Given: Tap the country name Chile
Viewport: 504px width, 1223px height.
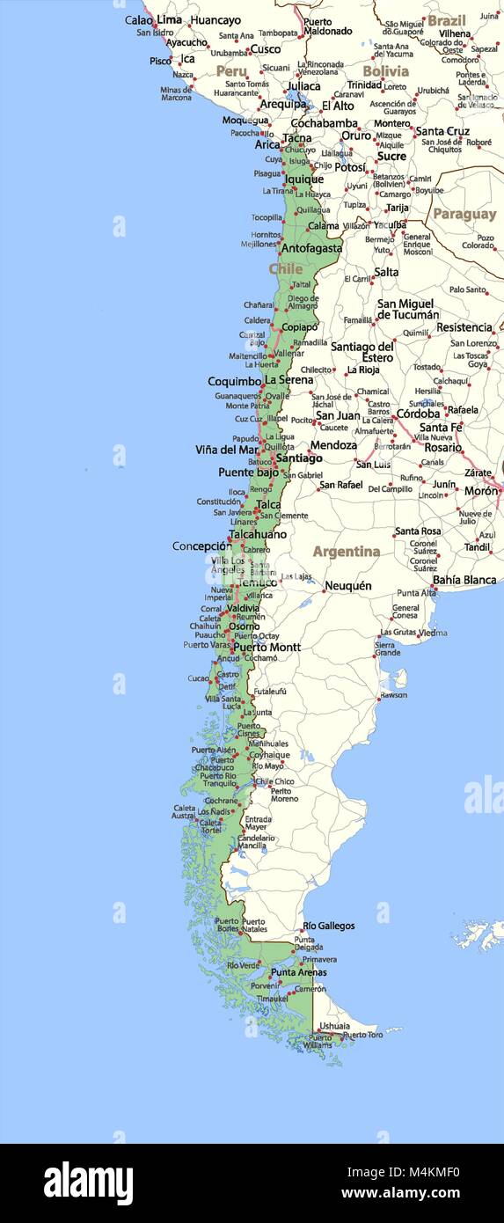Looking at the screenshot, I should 286,268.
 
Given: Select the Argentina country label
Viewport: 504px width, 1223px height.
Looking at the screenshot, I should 347,552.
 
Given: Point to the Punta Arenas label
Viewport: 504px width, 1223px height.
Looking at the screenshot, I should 298,972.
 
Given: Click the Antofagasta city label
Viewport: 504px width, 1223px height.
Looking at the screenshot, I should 311,248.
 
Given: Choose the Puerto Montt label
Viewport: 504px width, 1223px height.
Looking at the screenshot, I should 267,648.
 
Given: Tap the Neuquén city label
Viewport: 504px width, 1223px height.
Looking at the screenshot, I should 347,586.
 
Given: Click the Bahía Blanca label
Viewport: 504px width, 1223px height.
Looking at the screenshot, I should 464,580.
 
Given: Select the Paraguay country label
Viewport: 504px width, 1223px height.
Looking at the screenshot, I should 464,214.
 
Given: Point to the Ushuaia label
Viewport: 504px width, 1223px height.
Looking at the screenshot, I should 334,1026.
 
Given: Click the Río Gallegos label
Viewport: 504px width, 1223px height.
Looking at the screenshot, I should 329,926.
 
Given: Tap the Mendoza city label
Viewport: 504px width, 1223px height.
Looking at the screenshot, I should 333,445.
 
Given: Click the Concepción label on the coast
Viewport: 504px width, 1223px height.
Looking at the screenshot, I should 201,546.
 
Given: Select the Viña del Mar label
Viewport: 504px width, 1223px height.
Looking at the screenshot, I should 227,450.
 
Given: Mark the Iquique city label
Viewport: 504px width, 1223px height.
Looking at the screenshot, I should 303,179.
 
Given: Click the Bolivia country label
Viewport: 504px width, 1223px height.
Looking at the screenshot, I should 385,70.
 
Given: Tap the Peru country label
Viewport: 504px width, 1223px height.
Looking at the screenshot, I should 231,70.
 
